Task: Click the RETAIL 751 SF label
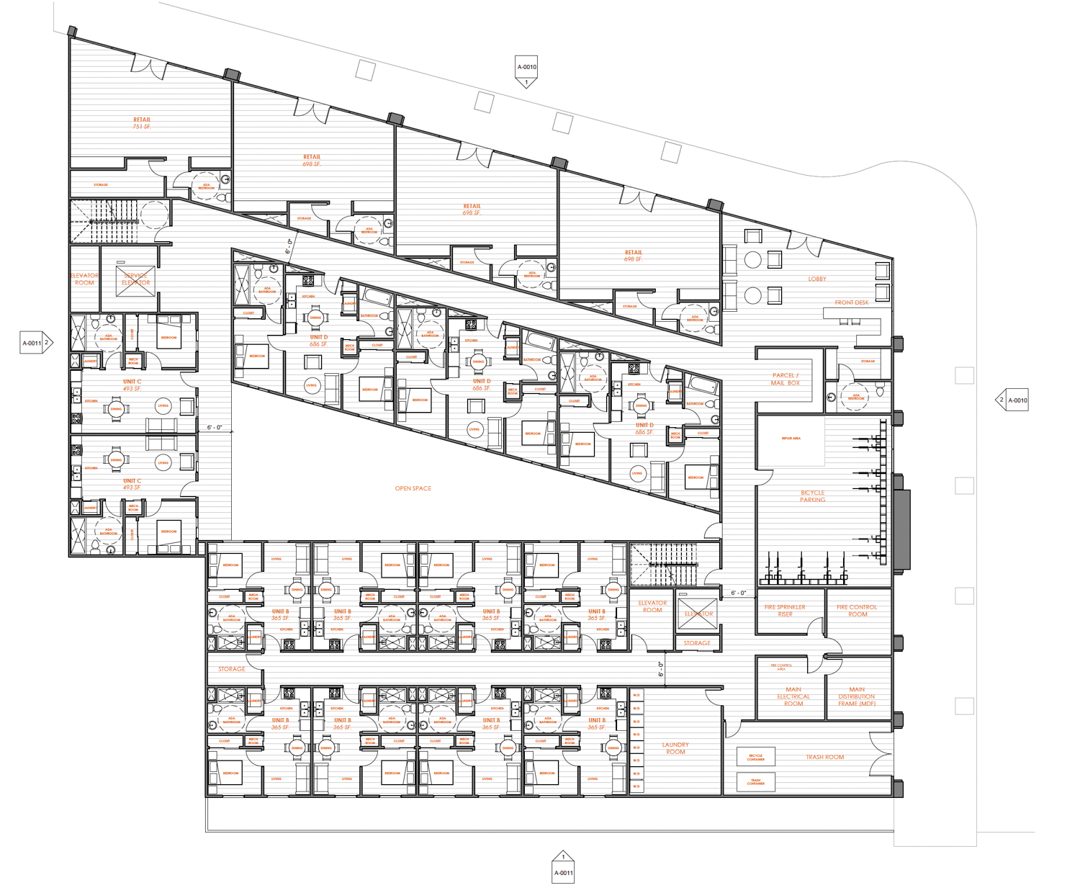(142, 123)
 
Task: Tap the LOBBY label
(816, 279)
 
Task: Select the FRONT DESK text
(851, 302)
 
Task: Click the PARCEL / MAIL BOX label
(785, 379)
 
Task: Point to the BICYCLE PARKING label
(812, 496)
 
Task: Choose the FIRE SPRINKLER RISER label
(785, 611)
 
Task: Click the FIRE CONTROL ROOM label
(857, 611)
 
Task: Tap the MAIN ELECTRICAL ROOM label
(793, 696)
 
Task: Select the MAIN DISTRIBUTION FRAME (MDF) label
(856, 696)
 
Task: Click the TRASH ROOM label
(824, 757)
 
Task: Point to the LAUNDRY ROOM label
(675, 748)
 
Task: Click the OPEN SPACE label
(413, 488)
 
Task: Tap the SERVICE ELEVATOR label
(135, 279)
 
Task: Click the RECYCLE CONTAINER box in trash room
(755, 757)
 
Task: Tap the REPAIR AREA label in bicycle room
(791, 438)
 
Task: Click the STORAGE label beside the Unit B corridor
(232, 669)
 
